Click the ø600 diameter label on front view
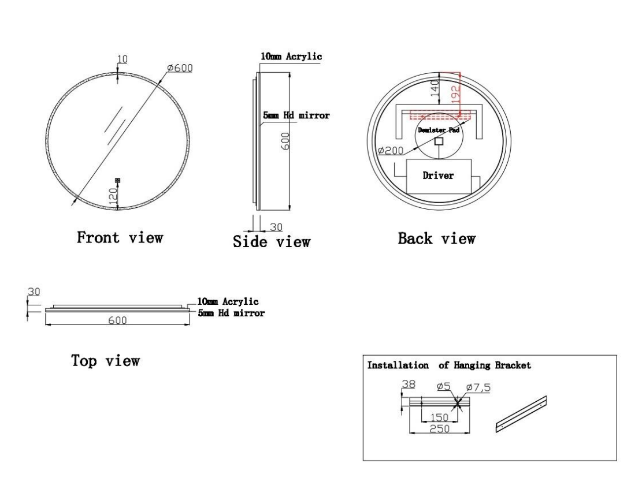(x=180, y=68)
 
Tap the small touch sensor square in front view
(x=118, y=181)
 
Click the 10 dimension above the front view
(x=123, y=59)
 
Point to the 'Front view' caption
(x=120, y=237)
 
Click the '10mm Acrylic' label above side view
(x=291, y=57)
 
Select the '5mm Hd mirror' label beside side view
(x=296, y=115)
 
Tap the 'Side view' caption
(x=272, y=241)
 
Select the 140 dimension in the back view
(x=436, y=88)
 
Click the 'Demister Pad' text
(x=439, y=131)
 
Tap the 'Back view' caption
(x=437, y=238)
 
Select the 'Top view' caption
(x=105, y=361)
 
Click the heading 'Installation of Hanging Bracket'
(x=449, y=365)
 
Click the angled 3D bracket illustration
(x=521, y=413)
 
